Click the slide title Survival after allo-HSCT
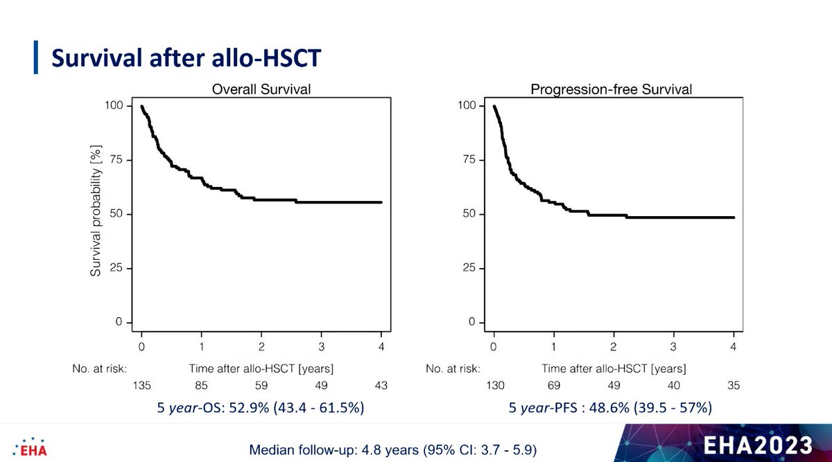click(187, 58)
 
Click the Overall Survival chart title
click(261, 89)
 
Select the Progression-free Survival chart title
click(611, 89)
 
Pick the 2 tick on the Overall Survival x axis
click(261, 346)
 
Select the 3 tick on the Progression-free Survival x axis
click(673, 346)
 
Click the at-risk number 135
click(141, 385)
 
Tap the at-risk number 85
click(201, 385)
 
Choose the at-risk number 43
click(381, 385)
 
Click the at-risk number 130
click(494, 385)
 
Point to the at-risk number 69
click(553, 385)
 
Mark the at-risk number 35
click(734, 385)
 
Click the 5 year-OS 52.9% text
click(261, 409)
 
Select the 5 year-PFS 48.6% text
click(610, 409)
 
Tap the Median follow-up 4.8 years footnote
click(392, 450)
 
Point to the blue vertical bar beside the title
click(36, 57)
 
